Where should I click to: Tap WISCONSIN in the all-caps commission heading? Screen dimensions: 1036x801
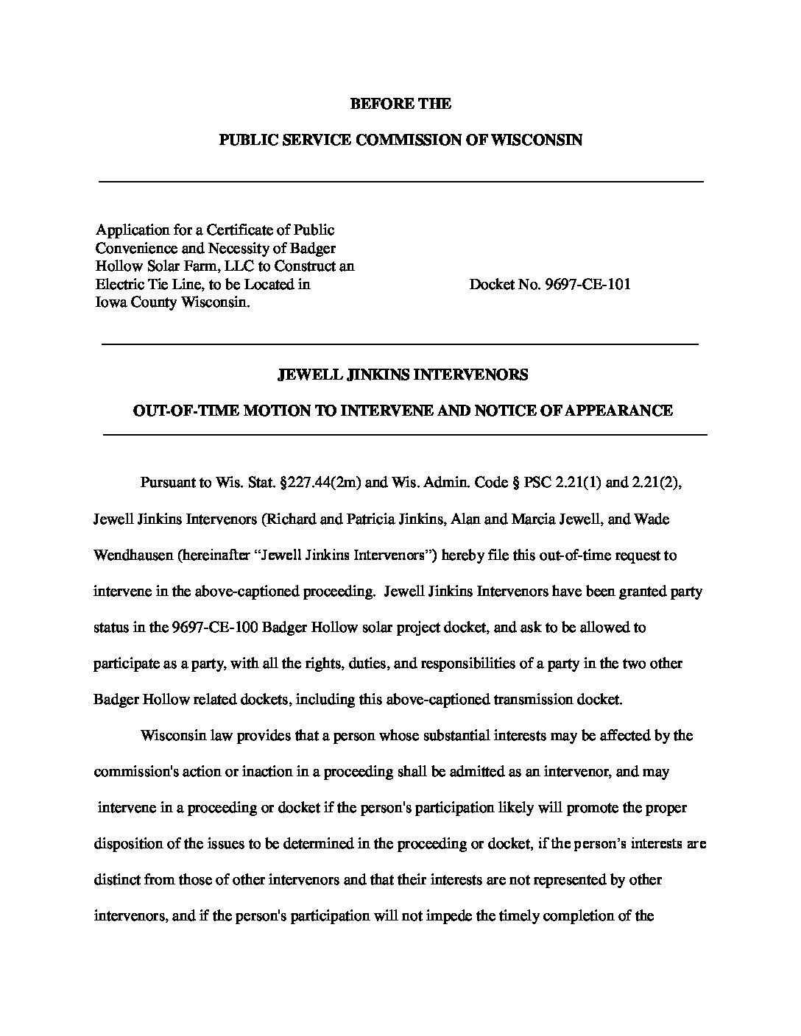(x=540, y=140)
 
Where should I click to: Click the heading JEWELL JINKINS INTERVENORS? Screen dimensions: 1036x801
(x=402, y=375)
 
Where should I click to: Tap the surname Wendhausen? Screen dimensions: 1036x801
(x=133, y=555)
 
